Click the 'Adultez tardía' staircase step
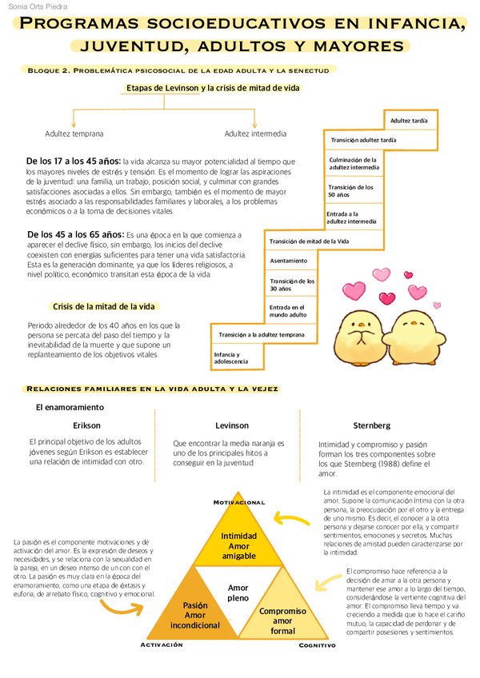409,121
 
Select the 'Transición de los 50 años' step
352,191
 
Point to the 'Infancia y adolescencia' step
237,357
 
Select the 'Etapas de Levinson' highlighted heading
213,88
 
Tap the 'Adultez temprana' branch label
74,134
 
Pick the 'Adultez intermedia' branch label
255,134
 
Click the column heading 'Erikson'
86,425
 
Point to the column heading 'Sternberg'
371,425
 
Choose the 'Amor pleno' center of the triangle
238,592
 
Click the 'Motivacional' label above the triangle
238,501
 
